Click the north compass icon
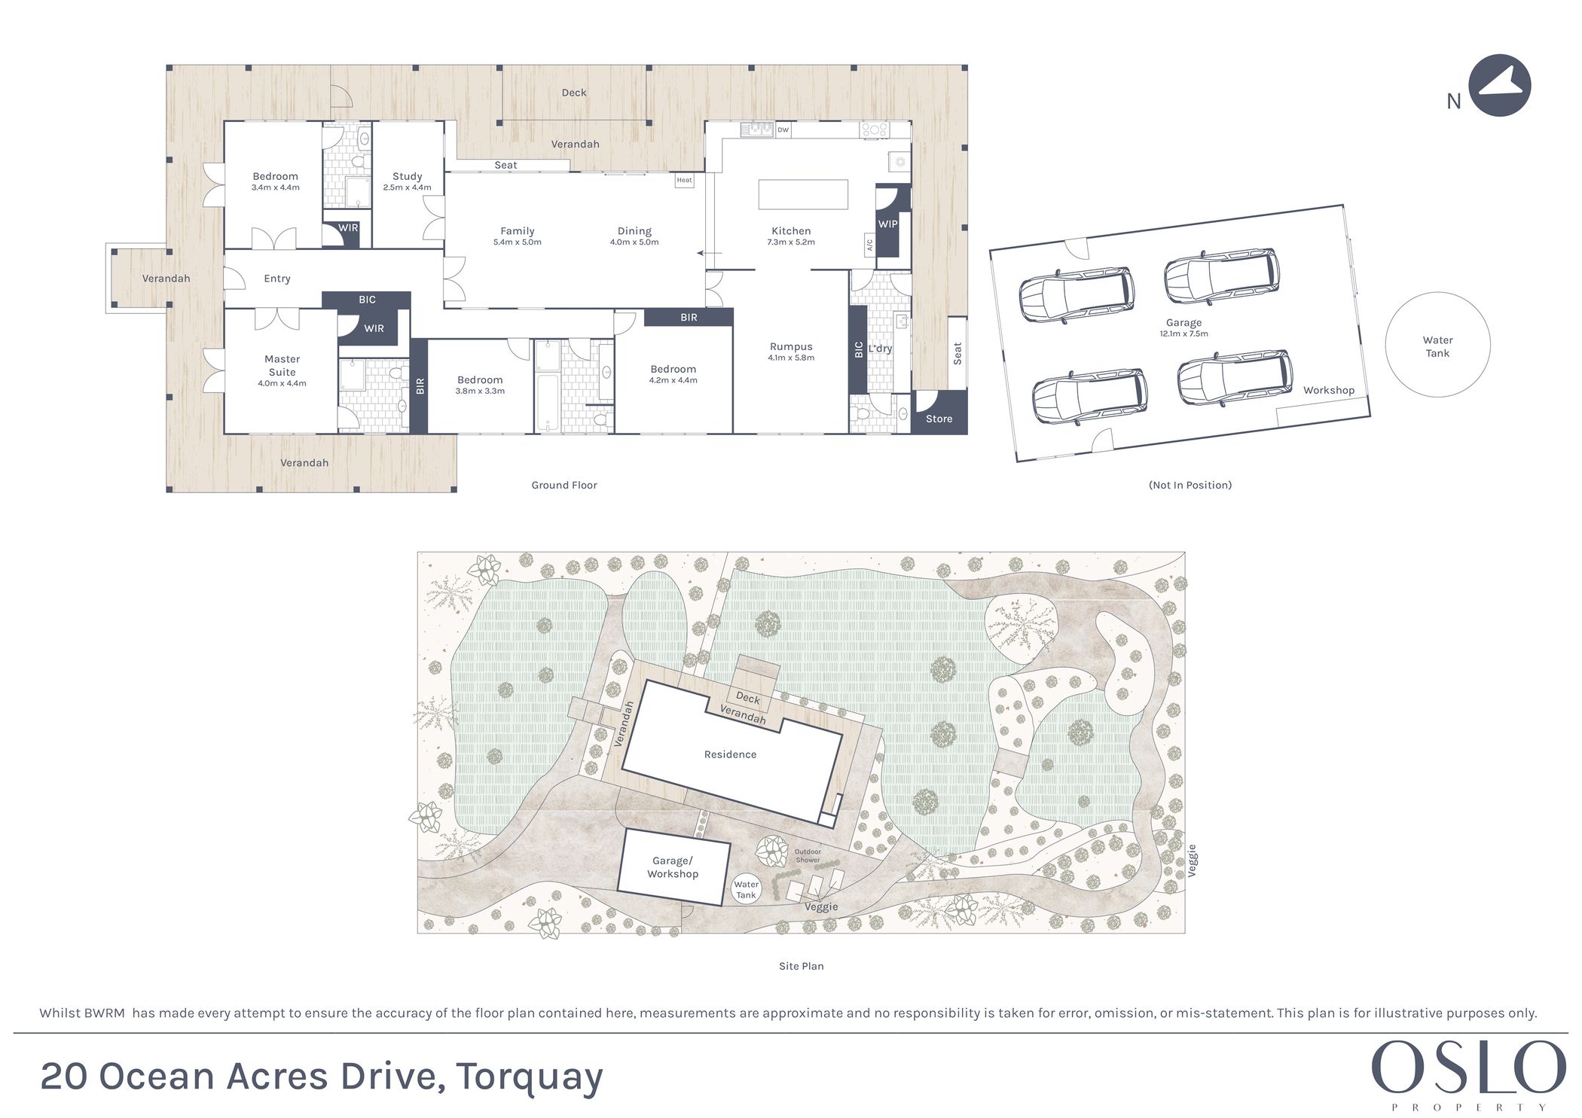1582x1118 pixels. (1499, 85)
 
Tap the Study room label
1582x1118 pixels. (407, 176)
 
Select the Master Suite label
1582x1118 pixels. (282, 365)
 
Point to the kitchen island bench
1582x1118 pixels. (803, 194)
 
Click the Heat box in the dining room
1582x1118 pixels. (684, 180)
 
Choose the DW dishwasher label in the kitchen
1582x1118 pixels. (783, 129)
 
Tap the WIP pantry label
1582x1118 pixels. (888, 224)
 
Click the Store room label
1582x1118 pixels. (939, 419)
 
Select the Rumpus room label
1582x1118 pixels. (791, 346)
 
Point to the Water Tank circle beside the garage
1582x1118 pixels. (1437, 345)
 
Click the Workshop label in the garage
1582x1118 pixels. (1329, 390)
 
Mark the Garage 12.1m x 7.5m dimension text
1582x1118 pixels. (1183, 334)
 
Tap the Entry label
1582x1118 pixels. (277, 279)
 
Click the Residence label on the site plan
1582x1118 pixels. (730, 754)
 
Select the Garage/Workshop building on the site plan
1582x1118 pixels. (673, 867)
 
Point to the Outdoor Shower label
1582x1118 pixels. (808, 856)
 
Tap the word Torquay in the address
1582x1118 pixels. (529, 1077)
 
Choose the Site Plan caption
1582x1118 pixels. (801, 966)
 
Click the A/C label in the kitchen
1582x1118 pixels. (869, 245)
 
